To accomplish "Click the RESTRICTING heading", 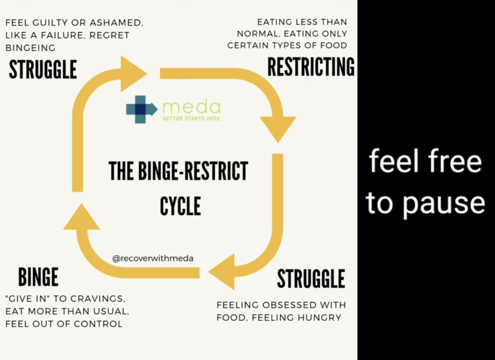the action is (311, 67).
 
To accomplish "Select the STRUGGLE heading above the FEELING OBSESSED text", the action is (311, 279).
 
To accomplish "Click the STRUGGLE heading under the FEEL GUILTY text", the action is (43, 69).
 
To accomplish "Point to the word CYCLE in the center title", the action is (180, 206).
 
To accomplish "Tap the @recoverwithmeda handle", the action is (153, 258).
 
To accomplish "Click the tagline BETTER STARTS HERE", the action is (191, 119).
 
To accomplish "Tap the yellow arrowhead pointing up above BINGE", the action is (81, 216).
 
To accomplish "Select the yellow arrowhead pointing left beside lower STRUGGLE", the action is (222, 272).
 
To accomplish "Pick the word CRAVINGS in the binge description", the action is (97, 298).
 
